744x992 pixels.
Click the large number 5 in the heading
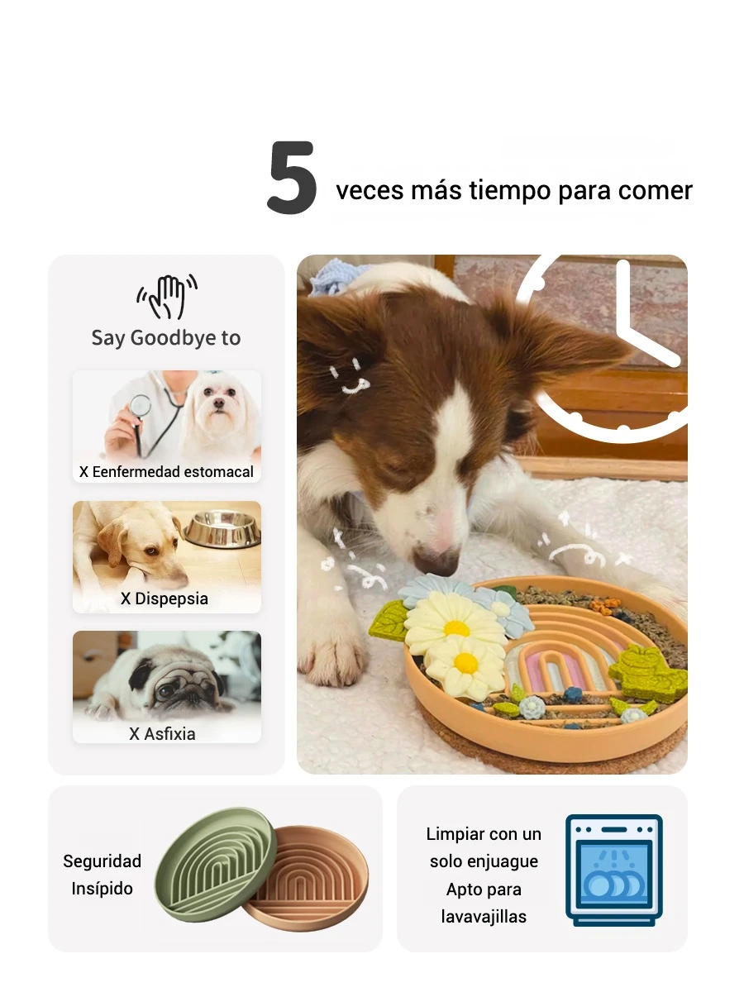(x=293, y=177)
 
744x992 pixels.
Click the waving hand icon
(x=167, y=296)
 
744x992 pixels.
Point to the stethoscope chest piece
(x=140, y=406)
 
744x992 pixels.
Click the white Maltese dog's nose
(x=219, y=403)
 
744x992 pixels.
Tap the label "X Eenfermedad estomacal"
(x=167, y=472)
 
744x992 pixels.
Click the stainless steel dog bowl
(x=222, y=528)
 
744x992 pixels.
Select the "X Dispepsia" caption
(x=165, y=599)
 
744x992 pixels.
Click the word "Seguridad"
(x=102, y=861)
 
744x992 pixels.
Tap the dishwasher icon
(x=614, y=870)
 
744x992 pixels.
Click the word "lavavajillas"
(x=484, y=917)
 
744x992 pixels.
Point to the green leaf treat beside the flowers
(x=389, y=620)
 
